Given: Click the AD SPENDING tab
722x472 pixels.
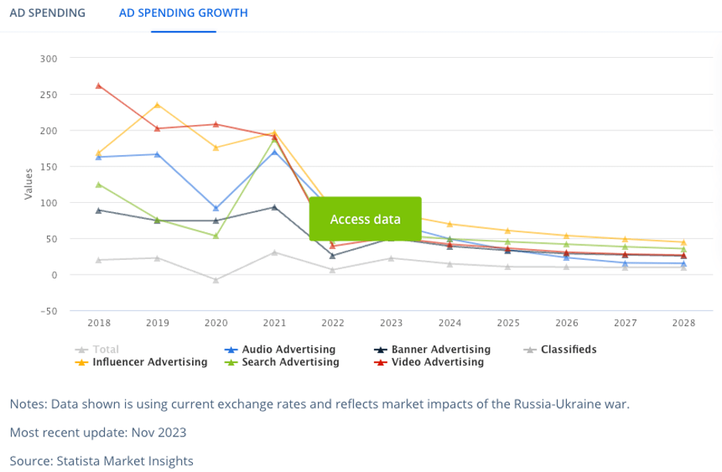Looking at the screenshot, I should coord(47,13).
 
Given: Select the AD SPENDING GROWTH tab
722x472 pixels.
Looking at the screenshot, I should coord(184,13).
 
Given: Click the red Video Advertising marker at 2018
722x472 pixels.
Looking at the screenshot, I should coord(99,86).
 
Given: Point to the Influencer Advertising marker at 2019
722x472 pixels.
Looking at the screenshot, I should coord(157,105).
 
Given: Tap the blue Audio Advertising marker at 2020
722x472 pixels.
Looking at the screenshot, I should coord(216,208).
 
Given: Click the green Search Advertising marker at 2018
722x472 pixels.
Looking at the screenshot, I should coord(99,184).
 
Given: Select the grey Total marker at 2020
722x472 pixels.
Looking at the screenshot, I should coord(216,280).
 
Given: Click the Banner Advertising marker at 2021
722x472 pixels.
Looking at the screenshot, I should coord(275,207).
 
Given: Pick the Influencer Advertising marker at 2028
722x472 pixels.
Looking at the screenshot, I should coord(683,242).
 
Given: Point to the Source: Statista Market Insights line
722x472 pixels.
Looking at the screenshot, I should coord(101,461).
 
